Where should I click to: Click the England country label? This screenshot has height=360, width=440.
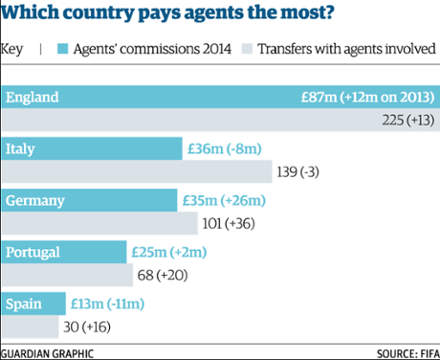33,97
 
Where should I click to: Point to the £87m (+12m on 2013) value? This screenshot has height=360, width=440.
368,97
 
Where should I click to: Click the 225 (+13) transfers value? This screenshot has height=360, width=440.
405,121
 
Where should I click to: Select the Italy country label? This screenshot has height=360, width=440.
22,148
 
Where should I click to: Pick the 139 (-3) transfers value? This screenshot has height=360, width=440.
304,172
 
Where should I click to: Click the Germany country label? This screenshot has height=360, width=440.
35,200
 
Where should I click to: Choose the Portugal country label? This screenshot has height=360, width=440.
34,252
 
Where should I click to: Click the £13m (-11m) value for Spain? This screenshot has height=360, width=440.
115,304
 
